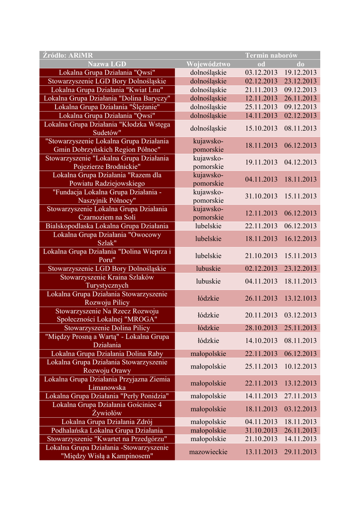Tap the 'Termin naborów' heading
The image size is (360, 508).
point(271,56)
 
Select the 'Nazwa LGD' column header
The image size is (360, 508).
point(107,64)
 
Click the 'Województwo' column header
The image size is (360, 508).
point(208,64)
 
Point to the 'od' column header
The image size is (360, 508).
point(261,64)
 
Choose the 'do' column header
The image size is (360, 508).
point(300,64)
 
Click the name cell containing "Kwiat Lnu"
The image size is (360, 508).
point(107,90)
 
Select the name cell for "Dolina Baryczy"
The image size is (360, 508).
point(107,98)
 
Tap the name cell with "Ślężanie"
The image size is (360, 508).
point(107,107)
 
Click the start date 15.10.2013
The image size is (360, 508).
point(261,128)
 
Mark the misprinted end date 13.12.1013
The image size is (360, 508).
point(300,299)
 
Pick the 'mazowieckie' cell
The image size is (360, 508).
point(208,452)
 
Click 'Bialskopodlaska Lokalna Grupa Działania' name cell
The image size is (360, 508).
point(107,226)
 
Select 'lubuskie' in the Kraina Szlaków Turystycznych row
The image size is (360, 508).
point(208,281)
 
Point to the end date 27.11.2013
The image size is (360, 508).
point(300,396)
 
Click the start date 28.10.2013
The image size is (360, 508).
point(261,328)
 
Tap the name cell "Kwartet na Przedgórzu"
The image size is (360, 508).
point(107,439)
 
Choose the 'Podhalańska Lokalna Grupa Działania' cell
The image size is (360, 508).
point(107,431)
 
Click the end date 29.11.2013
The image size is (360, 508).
point(300,452)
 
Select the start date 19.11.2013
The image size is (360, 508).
point(261,162)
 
